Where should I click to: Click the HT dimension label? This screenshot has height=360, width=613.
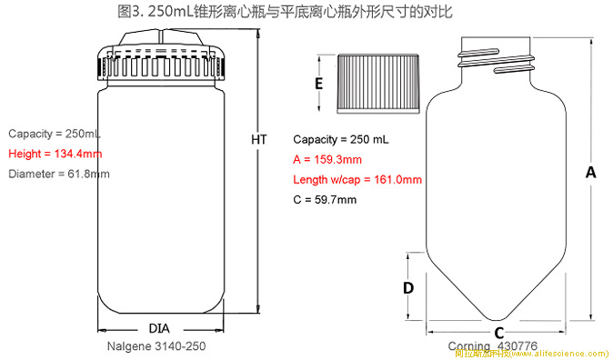point(259,140)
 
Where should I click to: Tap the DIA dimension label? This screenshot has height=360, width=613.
point(159,328)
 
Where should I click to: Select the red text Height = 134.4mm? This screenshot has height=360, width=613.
point(55,153)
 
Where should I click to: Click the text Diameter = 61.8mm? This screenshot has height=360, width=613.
point(59,174)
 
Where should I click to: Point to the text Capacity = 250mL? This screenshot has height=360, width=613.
point(55,133)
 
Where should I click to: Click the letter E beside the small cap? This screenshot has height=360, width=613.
point(319,84)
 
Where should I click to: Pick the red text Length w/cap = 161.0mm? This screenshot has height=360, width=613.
point(357,179)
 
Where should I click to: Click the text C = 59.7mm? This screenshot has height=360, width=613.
point(325,199)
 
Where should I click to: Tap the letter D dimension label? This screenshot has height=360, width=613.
point(408,287)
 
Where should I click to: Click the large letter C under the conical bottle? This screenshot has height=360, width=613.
point(499,334)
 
